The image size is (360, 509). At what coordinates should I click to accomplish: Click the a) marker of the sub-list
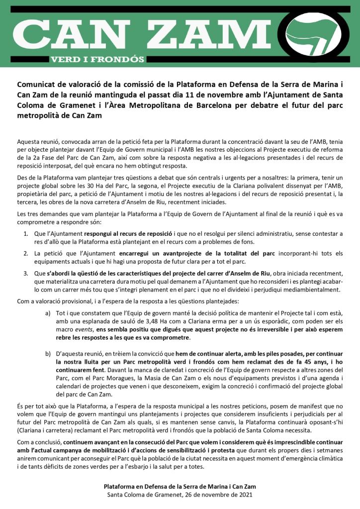[48, 313]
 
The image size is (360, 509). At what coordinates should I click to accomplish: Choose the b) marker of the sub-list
[48, 354]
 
